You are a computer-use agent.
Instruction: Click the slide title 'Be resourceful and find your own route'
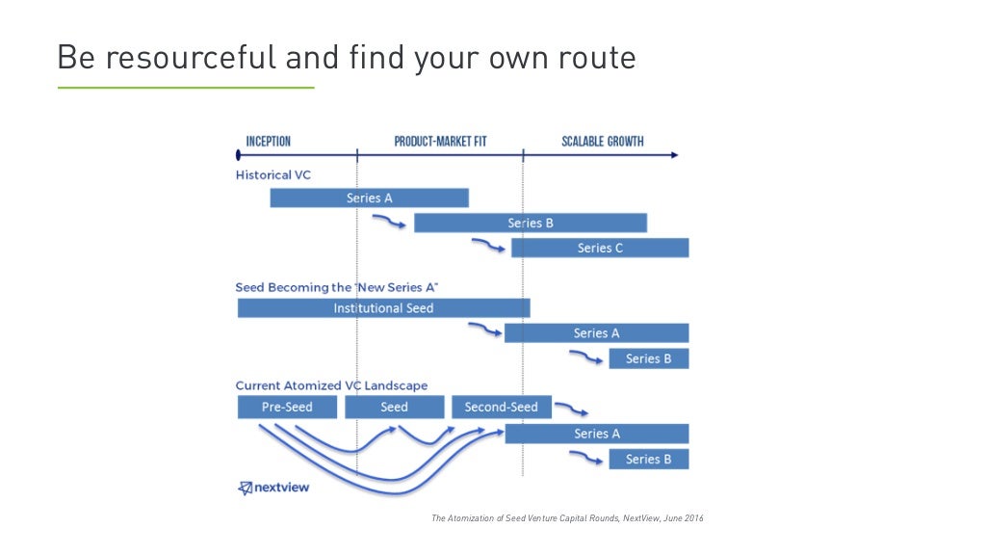coord(347,58)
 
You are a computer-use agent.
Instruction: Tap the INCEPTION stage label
coord(268,142)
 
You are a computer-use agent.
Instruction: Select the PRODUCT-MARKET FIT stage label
coord(440,142)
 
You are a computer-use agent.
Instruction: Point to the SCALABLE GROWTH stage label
coord(603,142)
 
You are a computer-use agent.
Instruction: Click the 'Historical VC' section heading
coord(273,175)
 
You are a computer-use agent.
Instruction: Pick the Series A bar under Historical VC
coord(369,198)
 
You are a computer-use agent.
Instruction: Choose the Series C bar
coord(600,248)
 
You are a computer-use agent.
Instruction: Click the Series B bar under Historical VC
coord(531,224)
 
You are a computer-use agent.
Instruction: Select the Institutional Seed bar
coord(383,308)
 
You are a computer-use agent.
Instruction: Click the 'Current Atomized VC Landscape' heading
coord(331,386)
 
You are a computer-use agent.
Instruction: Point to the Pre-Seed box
coord(287,408)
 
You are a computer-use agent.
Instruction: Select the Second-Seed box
coord(501,408)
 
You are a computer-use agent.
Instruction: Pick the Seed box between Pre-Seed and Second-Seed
coord(394,408)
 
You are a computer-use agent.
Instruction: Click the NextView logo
coord(273,488)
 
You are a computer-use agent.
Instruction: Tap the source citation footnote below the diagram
coord(567,518)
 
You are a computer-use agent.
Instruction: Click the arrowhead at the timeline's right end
coord(673,154)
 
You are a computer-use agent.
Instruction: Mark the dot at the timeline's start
coord(238,154)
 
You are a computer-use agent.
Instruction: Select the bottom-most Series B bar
coord(648,459)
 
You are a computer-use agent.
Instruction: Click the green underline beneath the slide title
coord(186,88)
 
